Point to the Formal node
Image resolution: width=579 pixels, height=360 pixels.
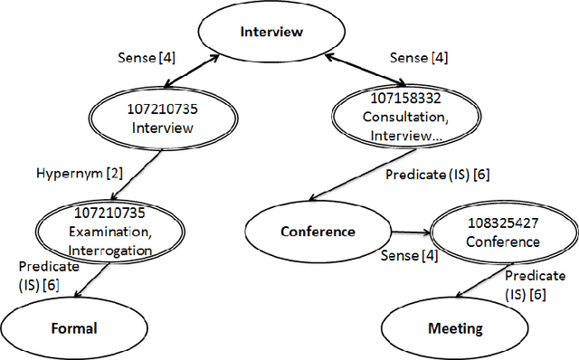click(72, 327)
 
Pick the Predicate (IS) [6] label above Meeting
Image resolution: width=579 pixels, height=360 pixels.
click(529, 284)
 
